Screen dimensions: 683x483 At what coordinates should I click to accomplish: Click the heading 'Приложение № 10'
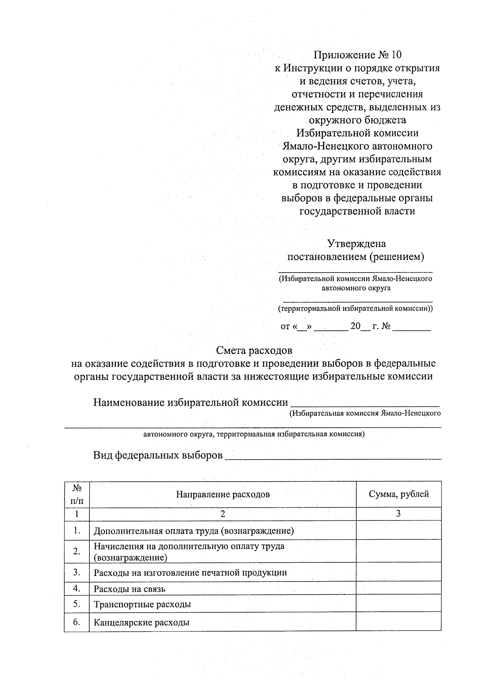[357, 55]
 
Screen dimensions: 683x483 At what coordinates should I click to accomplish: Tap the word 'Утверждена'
[356, 243]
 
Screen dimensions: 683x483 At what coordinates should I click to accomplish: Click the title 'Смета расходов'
[254, 351]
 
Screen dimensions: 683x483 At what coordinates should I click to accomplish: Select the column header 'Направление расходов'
[223, 494]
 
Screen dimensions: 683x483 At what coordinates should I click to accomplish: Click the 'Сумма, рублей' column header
[398, 494]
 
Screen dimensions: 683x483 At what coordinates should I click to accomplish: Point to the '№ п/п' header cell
[77, 494]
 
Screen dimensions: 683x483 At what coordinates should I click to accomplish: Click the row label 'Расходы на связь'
[130, 589]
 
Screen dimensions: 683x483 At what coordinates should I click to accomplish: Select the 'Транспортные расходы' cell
[142, 604]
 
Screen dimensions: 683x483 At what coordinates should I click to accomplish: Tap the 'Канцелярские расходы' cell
[142, 623]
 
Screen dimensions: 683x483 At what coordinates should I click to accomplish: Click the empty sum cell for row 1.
[398, 530]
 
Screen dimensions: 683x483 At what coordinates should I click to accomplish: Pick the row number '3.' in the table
[77, 572]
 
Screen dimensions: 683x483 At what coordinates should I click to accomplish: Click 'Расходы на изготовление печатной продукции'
[190, 573]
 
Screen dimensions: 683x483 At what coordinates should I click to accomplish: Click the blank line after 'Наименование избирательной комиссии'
[365, 403]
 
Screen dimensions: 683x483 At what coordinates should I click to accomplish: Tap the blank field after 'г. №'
[411, 327]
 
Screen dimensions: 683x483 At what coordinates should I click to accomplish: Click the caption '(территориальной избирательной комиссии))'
[355, 309]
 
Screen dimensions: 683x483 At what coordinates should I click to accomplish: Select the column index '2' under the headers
[223, 514]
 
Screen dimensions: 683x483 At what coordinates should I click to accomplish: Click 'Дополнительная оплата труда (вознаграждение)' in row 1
[194, 531]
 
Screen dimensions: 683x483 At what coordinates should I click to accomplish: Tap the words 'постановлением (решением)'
[355, 257]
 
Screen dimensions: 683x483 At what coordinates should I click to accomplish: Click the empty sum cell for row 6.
[398, 622]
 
